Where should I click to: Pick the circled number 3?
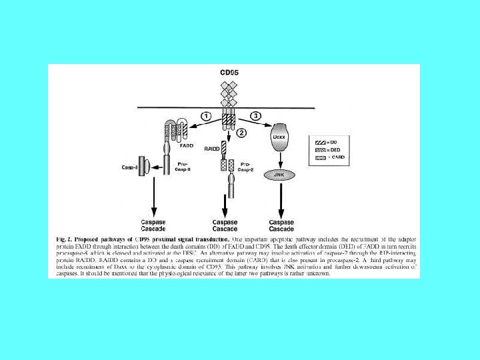[255, 116]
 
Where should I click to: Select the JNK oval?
[281, 174]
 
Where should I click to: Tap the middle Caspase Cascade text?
[225, 225]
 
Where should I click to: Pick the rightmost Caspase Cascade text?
[281, 225]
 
